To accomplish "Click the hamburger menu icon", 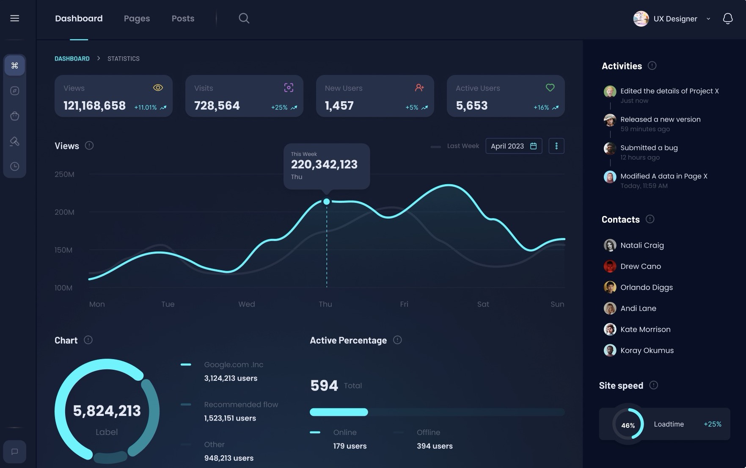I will tap(15, 18).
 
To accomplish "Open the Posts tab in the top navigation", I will tap(183, 19).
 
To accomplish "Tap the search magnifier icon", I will tap(244, 18).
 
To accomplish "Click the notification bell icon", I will tap(727, 19).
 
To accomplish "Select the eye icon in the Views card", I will tap(158, 88).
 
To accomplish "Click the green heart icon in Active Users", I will tap(550, 88).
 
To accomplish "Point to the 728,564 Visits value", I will tap(217, 105).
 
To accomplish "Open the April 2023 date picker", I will tap(514, 146).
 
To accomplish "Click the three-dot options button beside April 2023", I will tap(556, 146).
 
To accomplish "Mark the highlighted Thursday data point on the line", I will tap(327, 202).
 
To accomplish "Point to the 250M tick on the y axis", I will tap(64, 174).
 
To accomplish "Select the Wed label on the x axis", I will tap(246, 304).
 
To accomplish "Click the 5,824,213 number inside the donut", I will tap(107, 411).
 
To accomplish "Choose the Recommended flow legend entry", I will tap(241, 404).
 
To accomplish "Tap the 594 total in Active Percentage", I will tap(324, 385).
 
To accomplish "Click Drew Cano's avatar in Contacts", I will tap(610, 266).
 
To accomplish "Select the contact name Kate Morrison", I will tap(645, 330).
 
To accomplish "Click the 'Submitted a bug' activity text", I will tap(649, 148).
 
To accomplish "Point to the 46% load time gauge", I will tap(628, 425).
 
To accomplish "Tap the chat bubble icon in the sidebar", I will tap(15, 451).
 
